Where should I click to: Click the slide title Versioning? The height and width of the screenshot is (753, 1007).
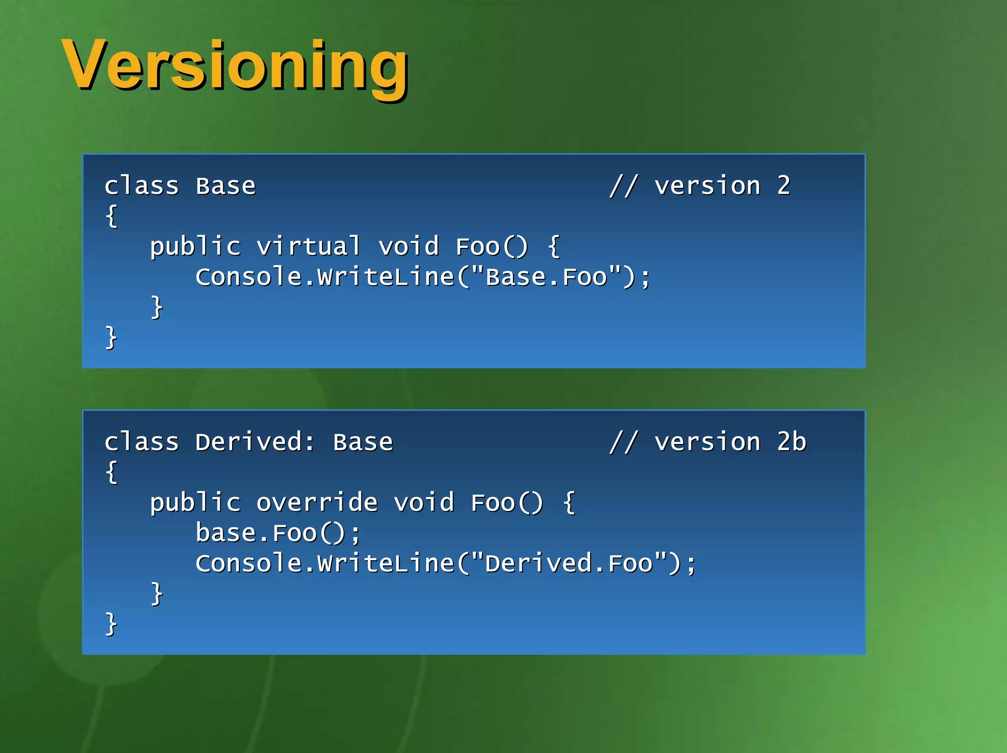235,65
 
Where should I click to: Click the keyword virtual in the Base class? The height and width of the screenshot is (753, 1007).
308,246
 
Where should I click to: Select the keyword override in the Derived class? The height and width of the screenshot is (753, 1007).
317,503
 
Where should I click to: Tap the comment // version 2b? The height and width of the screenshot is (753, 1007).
708,442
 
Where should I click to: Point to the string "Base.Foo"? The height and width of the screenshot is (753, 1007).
546,277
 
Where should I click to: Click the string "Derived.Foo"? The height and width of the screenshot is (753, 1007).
569,563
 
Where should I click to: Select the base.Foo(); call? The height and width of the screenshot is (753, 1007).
278,533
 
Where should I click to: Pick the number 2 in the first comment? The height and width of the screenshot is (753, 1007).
784,186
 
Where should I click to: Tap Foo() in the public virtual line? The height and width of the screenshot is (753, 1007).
492,246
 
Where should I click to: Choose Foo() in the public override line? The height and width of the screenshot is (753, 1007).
507,503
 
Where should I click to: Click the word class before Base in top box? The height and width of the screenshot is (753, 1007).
142,186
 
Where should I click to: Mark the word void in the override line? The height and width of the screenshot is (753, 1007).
424,503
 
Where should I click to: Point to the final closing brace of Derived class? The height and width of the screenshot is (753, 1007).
112,624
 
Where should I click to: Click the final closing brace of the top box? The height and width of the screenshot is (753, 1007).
112,337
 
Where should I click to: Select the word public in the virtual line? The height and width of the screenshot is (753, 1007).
195,246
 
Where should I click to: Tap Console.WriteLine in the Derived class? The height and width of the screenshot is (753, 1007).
325,563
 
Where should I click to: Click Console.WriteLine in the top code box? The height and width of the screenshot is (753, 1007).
325,277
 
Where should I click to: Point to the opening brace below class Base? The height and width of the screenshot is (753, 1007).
112,216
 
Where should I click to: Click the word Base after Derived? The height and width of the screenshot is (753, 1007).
363,442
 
